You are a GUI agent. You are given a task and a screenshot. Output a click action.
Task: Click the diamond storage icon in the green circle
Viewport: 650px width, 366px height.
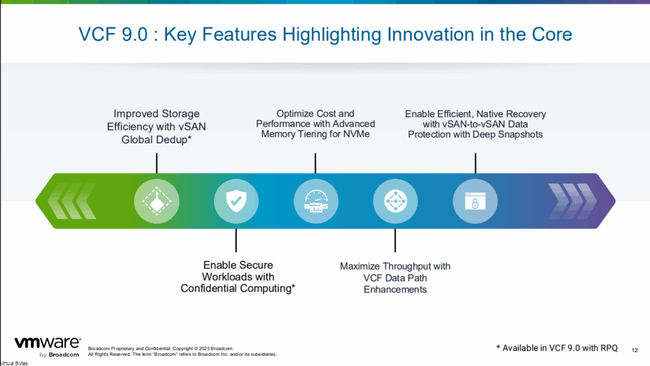click(157, 201)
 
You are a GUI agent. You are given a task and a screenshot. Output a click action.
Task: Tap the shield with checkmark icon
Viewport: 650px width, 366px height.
click(236, 201)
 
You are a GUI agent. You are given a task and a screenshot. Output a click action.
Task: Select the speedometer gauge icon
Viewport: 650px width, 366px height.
click(316, 201)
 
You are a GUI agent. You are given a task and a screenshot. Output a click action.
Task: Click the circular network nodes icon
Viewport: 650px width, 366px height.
click(395, 201)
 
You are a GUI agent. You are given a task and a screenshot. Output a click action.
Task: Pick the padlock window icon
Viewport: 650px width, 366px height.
click(475, 201)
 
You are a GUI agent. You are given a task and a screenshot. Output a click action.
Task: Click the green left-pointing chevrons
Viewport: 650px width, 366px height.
click(72, 201)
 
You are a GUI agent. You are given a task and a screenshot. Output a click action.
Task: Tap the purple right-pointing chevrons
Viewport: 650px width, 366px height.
click(572, 201)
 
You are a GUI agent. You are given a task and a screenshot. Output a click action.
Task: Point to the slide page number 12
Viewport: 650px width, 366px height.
click(635, 350)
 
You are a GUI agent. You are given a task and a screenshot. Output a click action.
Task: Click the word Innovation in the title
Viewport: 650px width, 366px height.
click(431, 34)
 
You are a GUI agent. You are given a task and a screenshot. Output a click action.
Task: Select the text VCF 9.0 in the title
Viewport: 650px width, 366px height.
click(113, 34)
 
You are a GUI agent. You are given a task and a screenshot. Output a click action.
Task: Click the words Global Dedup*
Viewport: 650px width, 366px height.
click(156, 140)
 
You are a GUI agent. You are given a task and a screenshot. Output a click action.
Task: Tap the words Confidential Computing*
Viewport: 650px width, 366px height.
click(238, 288)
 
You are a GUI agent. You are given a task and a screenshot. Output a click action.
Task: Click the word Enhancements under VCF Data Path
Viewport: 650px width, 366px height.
click(395, 290)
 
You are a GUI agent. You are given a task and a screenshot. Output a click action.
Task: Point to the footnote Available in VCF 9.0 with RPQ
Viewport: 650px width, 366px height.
click(557, 348)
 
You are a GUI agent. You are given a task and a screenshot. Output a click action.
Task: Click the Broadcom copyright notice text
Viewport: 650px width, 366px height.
click(182, 351)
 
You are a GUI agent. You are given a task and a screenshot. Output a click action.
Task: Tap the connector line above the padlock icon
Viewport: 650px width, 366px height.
click(475, 163)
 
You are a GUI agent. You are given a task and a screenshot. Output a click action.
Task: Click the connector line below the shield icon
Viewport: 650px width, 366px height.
click(236, 240)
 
